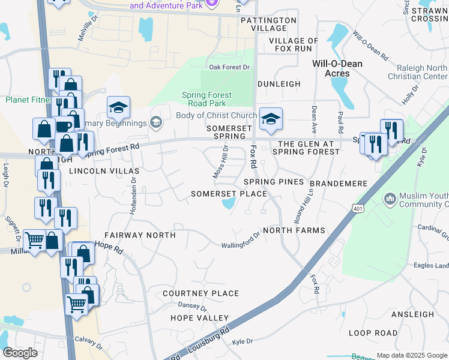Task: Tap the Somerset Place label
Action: (x=229, y=194)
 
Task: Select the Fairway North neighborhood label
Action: (x=140, y=235)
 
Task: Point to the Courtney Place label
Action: (x=201, y=293)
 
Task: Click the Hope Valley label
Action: (x=200, y=317)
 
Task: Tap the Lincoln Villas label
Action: (x=100, y=171)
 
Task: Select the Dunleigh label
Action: (x=279, y=84)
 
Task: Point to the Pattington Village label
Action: (x=269, y=24)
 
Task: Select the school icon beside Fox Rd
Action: (x=271, y=119)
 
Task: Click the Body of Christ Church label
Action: (x=216, y=115)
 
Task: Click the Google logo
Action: (x=20, y=353)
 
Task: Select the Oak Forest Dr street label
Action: (x=229, y=67)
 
